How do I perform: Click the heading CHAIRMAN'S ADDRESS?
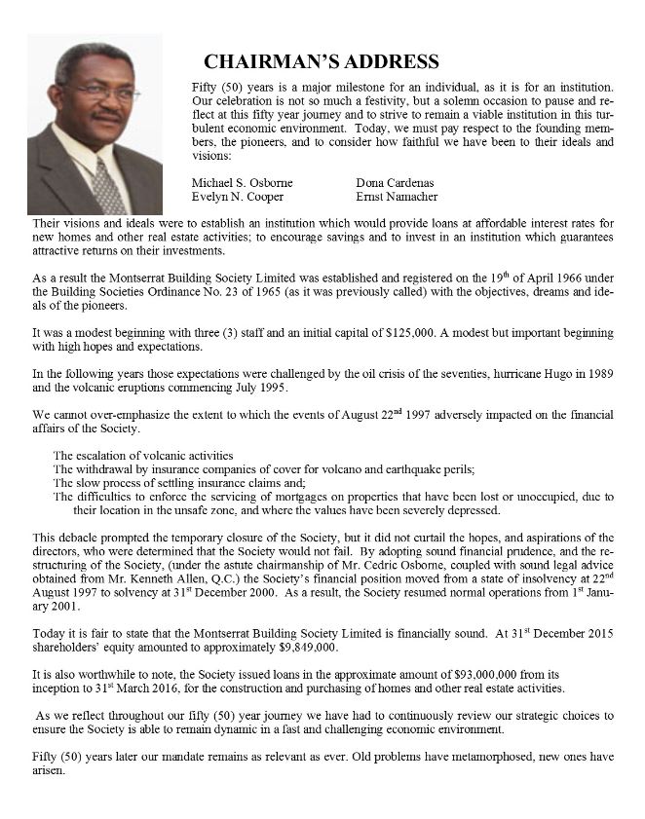pos(322,62)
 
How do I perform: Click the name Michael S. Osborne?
pos(244,182)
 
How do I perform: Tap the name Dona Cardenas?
pos(395,182)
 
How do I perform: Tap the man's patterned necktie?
pos(107,186)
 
